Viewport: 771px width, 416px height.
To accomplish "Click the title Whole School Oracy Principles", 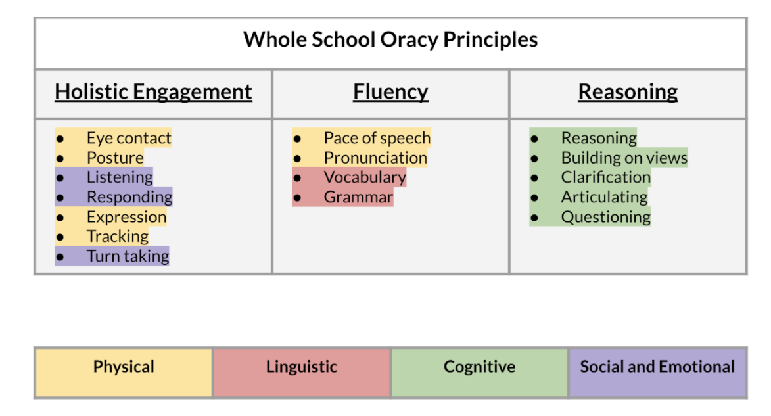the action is (390, 40).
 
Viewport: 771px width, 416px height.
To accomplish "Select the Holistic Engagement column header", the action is (153, 92).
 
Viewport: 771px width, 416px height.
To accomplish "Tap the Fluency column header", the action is (390, 92).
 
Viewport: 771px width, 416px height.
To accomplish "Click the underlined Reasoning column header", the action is (628, 92).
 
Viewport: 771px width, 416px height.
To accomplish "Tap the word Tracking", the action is (118, 237).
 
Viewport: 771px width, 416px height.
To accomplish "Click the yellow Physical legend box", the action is (124, 373).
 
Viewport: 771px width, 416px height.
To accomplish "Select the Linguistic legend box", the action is (302, 373).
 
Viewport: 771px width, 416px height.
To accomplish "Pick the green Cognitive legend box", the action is (479, 373).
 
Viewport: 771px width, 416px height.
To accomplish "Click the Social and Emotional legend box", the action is (657, 373).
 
